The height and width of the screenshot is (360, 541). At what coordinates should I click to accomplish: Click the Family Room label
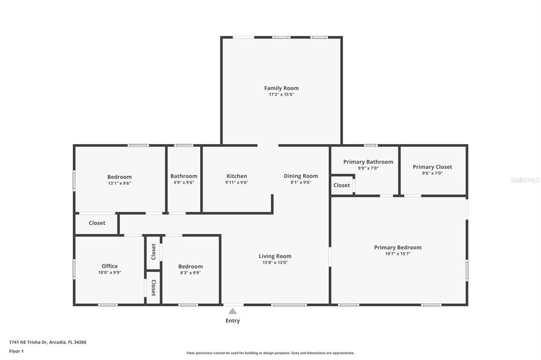pos(281,88)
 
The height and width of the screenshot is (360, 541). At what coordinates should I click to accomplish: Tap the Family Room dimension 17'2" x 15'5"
pos(281,95)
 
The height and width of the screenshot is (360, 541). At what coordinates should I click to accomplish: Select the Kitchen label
pos(237,176)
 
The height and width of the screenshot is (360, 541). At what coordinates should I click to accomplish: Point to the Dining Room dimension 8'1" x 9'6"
pos(301,183)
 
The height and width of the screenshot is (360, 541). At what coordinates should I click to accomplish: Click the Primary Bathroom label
pos(368,162)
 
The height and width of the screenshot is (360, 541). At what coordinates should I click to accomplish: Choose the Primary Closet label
pos(432,167)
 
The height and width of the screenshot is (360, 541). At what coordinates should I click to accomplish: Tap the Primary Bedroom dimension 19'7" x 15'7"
pos(397,254)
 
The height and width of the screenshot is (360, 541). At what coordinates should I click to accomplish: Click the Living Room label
pos(275,256)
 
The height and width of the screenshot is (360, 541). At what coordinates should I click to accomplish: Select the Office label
pos(109,266)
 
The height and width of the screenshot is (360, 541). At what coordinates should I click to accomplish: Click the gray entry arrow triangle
pos(232,311)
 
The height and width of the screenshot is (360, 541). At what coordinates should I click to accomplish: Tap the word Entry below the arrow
pos(232,320)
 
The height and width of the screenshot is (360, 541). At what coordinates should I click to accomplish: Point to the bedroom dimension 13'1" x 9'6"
pos(119,184)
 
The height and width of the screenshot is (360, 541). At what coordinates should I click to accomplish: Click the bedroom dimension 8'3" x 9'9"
pos(190,273)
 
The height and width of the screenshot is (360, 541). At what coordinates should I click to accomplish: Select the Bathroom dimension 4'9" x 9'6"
pos(184,183)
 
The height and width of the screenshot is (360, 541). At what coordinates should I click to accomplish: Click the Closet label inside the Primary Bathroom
pos(341,185)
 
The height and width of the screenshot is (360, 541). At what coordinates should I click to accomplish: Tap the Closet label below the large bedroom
pos(97,223)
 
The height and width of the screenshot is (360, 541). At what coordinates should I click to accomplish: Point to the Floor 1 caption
pos(16,351)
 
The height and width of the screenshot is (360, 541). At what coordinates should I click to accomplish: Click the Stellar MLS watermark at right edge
pos(525,180)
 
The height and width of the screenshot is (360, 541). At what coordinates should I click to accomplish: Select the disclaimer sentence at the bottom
pos(270,353)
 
